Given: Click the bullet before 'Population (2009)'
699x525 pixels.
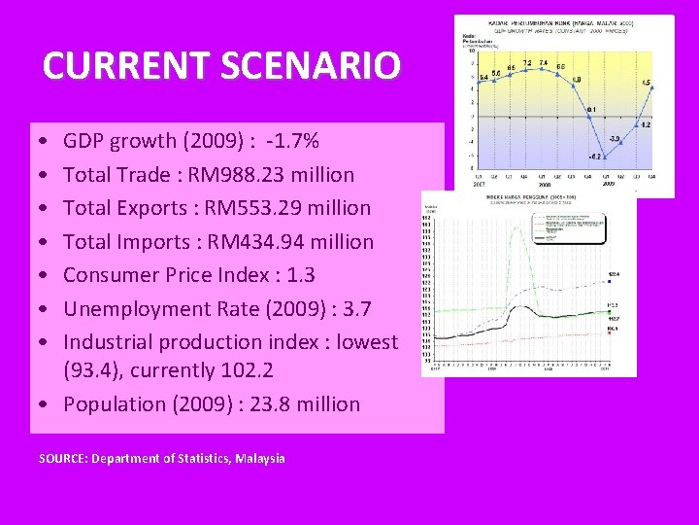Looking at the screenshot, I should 48,404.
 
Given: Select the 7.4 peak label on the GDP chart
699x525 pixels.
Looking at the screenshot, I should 544,63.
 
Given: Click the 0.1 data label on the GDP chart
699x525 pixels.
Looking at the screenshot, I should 591,109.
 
